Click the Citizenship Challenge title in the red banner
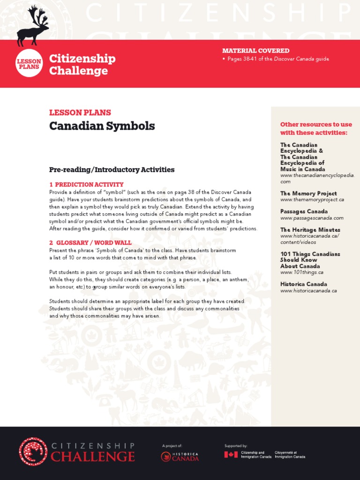(x=82, y=65)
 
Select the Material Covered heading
(x=255, y=51)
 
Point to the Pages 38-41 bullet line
(x=278, y=59)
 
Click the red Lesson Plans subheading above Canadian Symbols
(x=80, y=112)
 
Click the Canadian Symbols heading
(x=102, y=126)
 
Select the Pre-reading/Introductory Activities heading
(x=112, y=170)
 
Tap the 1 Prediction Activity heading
(x=86, y=185)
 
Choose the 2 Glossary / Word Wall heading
(x=90, y=243)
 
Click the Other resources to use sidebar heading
(x=315, y=128)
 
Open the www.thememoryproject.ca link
(x=312, y=200)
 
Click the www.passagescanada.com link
(x=312, y=218)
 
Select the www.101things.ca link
(x=301, y=272)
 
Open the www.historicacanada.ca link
(x=308, y=291)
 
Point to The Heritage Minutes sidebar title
(x=310, y=230)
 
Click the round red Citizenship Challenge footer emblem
(x=33, y=452)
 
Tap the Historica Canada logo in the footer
(x=180, y=457)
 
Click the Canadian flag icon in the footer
(x=231, y=455)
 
